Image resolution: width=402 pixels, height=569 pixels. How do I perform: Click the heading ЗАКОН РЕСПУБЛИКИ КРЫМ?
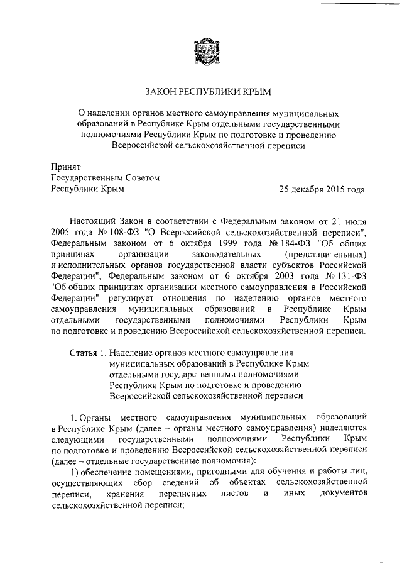click(x=207, y=92)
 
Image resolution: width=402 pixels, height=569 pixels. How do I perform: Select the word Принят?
click(x=65, y=167)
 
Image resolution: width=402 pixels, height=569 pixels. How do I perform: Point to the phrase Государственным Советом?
click(x=105, y=178)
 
